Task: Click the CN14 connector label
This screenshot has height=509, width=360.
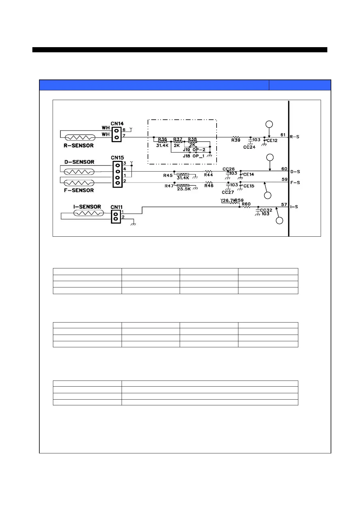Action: (117, 124)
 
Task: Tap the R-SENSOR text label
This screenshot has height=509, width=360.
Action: (79, 146)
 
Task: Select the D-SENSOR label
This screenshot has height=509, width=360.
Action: (79, 162)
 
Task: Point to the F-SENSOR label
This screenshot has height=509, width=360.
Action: (79, 190)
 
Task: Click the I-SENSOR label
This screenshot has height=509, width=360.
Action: (87, 207)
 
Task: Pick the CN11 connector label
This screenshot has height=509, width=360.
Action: (116, 207)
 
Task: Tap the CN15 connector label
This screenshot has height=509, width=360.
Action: (117, 158)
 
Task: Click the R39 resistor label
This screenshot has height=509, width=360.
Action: (236, 141)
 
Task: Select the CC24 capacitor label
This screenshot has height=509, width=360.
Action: (249, 147)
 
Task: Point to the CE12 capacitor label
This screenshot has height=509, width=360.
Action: (272, 141)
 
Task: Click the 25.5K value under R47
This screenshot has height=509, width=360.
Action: (184, 189)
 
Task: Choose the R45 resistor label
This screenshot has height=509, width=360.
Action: (168, 176)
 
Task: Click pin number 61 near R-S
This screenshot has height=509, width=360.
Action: (283, 135)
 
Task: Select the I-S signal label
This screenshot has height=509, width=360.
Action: (294, 207)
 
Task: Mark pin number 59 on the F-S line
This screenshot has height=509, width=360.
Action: (284, 180)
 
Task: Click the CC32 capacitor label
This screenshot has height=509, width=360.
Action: (266, 210)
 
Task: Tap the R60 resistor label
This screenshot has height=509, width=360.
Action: (246, 204)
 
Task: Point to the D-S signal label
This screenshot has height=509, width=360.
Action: (295, 172)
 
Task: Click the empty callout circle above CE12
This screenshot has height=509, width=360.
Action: (269, 124)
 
